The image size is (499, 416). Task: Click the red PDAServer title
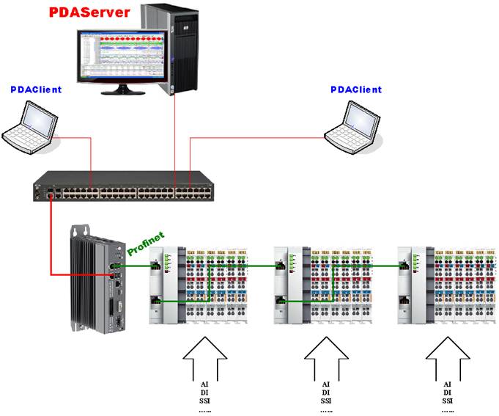click(89, 12)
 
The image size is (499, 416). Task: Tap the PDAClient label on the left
click(36, 90)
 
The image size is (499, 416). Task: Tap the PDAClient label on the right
click(355, 90)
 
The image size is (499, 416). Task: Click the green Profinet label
click(146, 243)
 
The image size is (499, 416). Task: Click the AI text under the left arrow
click(203, 383)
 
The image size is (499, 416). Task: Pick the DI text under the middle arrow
click(325, 392)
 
